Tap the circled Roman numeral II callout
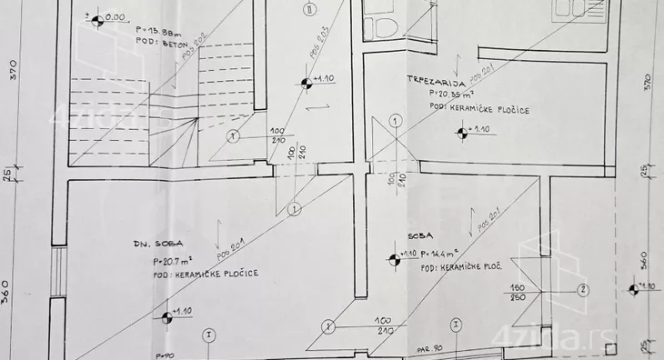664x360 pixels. click(x=309, y=10)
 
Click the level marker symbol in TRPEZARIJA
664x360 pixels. click(x=462, y=134)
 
